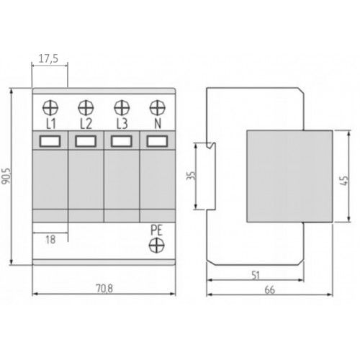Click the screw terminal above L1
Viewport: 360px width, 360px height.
coord(50,109)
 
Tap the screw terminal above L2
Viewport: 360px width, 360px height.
coord(86,109)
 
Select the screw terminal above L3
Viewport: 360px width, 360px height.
coord(121,109)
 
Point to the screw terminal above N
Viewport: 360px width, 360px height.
coord(156,109)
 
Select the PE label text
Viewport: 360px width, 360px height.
coord(156,230)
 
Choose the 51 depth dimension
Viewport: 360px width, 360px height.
coord(256,274)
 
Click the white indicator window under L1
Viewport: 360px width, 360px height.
coord(50,142)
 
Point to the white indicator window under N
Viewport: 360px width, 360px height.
coord(156,142)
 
